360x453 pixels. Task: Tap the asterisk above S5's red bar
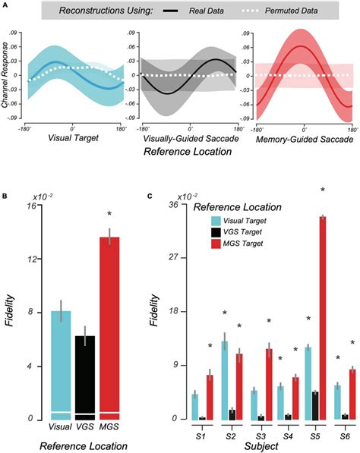[323, 190]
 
